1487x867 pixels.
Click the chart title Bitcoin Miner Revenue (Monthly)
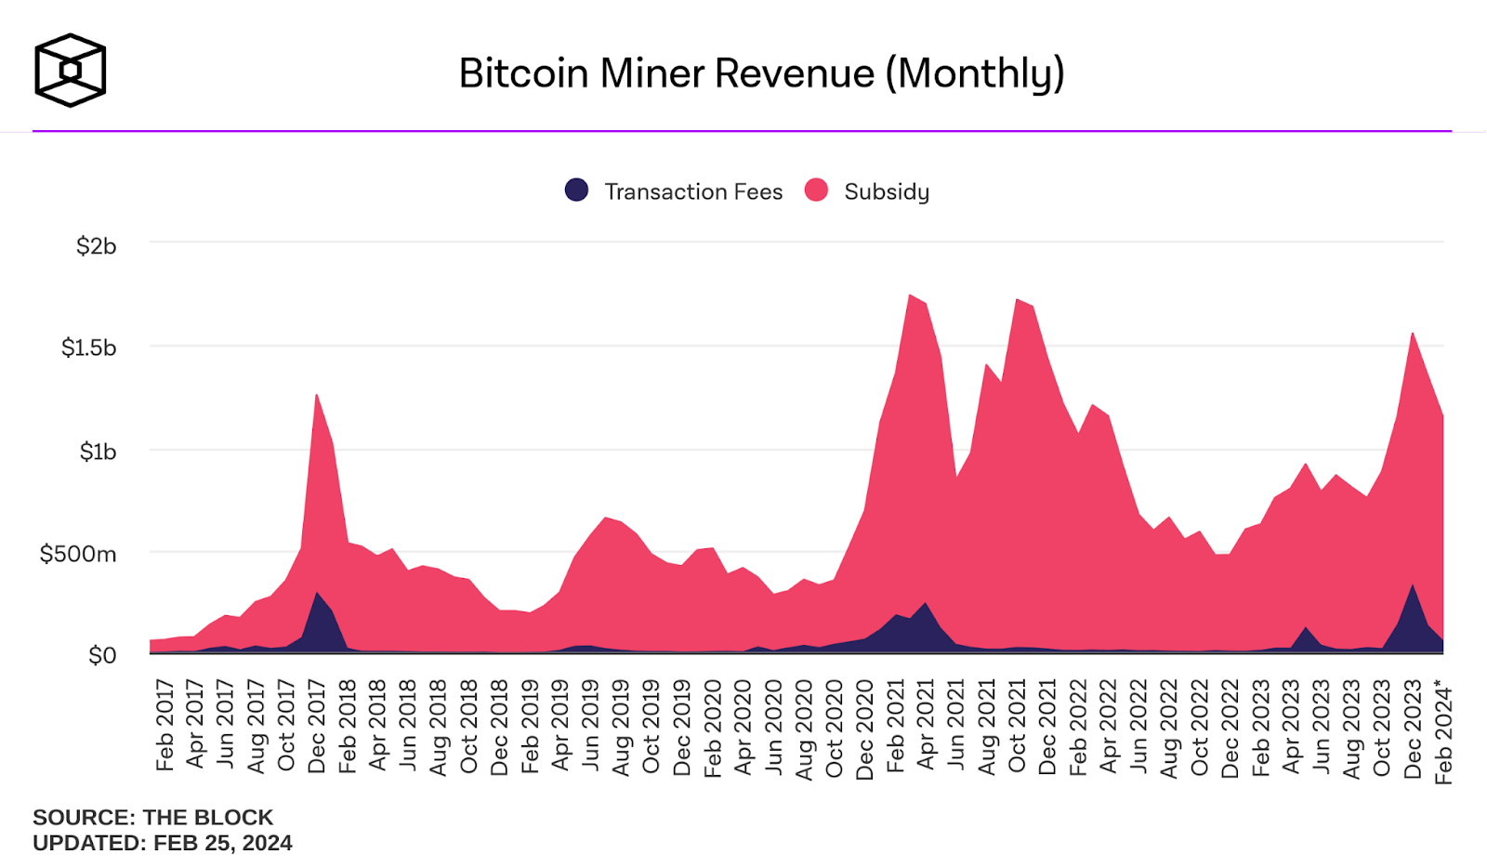[761, 73]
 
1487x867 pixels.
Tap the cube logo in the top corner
[70, 71]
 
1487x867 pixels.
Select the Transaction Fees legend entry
[692, 191]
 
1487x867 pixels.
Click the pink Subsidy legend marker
[816, 190]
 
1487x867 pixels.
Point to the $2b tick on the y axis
[96, 246]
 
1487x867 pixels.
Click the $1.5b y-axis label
[88, 348]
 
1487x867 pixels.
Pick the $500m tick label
[78, 554]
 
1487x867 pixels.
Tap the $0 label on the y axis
[102, 655]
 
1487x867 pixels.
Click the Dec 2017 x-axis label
[317, 727]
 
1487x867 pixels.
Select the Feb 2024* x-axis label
[1443, 731]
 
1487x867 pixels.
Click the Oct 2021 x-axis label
[1018, 727]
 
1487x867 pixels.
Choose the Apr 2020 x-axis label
[743, 727]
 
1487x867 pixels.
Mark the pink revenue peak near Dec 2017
[317, 398]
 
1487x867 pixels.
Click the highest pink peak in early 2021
[910, 297]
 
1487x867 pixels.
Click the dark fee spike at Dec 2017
[317, 597]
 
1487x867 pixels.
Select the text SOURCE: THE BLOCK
[152, 818]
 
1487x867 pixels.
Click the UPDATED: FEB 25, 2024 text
[162, 843]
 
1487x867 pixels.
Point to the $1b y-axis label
[98, 452]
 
